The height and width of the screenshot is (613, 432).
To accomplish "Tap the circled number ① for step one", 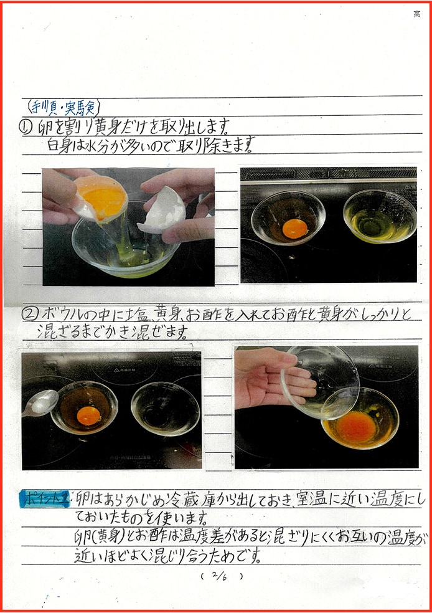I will click(x=27, y=128).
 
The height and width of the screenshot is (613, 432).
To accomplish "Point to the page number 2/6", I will click(x=222, y=576).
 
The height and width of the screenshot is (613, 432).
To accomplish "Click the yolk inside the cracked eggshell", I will click(x=103, y=197).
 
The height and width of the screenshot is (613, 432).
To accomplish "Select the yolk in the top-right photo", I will click(x=294, y=229).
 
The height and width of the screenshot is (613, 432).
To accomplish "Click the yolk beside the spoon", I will click(x=88, y=415).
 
